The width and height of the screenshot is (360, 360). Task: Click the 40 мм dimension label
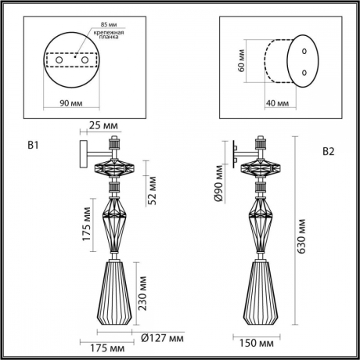coord(275,102)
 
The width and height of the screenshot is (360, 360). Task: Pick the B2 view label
coord(329,152)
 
